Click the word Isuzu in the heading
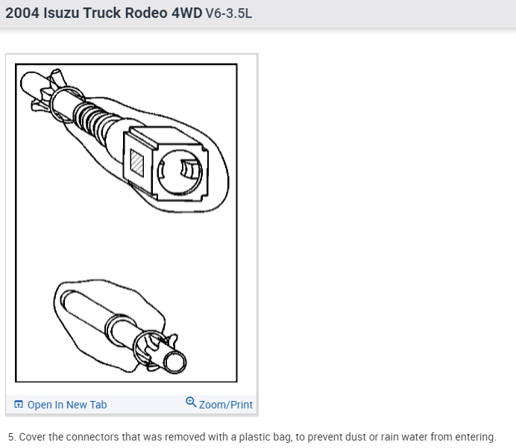point(61,13)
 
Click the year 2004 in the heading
point(22,13)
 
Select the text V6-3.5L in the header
point(229,13)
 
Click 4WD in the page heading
point(187,13)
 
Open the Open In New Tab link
point(67,405)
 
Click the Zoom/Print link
point(226,405)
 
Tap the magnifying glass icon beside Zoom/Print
point(191,402)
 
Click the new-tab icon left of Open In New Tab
point(19,404)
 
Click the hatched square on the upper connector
point(137,163)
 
